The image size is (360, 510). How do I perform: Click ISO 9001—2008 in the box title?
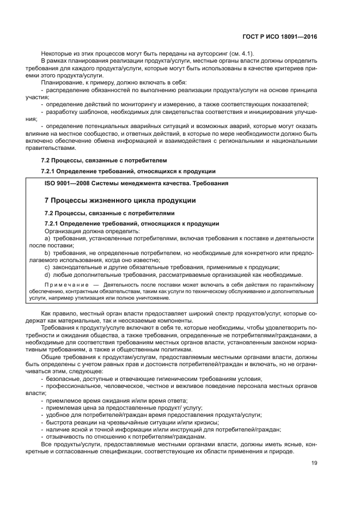pyautogui.click(x=66, y=183)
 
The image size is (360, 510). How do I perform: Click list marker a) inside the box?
pyautogui.click(x=47, y=239)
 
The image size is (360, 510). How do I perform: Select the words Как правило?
pyautogui.click(x=58, y=314)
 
